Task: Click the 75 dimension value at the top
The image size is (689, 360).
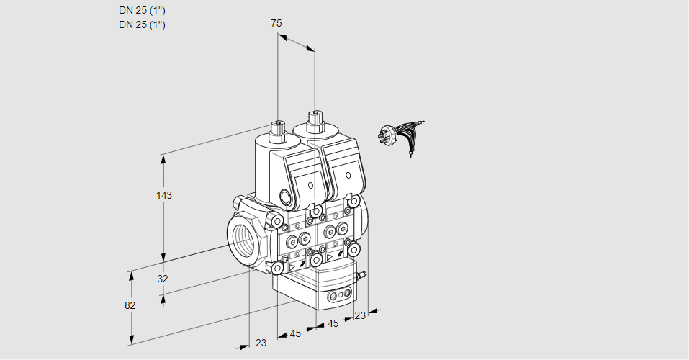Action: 276,24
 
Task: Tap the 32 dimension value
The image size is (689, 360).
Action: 163,279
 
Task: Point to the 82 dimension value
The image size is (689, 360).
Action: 130,305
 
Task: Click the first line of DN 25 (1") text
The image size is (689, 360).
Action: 142,10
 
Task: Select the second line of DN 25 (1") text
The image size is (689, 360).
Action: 142,24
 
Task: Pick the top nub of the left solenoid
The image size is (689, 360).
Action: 276,130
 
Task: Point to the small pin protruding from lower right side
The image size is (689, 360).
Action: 364,274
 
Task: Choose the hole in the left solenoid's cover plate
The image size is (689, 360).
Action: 311,186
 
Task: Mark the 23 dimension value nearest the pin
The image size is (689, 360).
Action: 360,315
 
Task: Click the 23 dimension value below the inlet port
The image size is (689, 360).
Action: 261,343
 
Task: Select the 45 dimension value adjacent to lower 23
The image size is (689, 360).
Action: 295,333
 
